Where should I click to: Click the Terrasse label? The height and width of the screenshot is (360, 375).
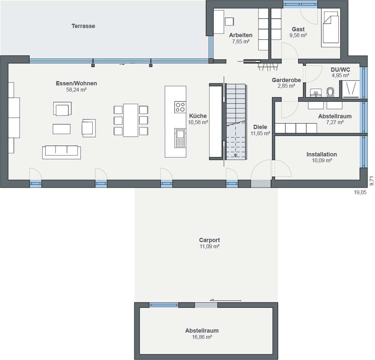(83, 26)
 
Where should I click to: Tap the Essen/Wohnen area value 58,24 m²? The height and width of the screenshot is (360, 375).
(76, 90)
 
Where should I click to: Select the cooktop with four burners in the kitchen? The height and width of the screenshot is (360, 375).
(180, 107)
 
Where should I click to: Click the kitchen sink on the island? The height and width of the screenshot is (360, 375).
(180, 138)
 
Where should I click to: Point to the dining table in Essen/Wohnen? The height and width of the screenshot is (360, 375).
(130, 120)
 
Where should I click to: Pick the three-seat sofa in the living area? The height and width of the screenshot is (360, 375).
(61, 152)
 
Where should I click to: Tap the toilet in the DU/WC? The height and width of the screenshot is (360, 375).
(330, 92)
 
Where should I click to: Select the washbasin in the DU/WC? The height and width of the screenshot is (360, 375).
(316, 93)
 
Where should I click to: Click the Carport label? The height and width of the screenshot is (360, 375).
(210, 240)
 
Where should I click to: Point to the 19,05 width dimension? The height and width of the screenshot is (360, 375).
(360, 193)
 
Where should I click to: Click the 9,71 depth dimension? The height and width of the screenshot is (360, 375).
(371, 181)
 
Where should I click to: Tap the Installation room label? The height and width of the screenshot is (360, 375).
(322, 154)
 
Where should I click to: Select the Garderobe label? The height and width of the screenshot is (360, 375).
(286, 80)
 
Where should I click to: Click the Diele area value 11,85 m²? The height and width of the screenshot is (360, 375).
(261, 133)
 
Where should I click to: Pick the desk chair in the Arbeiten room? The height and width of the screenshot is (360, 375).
(229, 21)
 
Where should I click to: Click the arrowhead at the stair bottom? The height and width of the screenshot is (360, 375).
(235, 155)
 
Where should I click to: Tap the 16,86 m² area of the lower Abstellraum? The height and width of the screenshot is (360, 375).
(202, 337)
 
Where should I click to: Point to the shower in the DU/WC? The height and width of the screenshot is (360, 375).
(351, 89)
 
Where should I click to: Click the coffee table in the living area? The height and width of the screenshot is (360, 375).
(61, 129)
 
